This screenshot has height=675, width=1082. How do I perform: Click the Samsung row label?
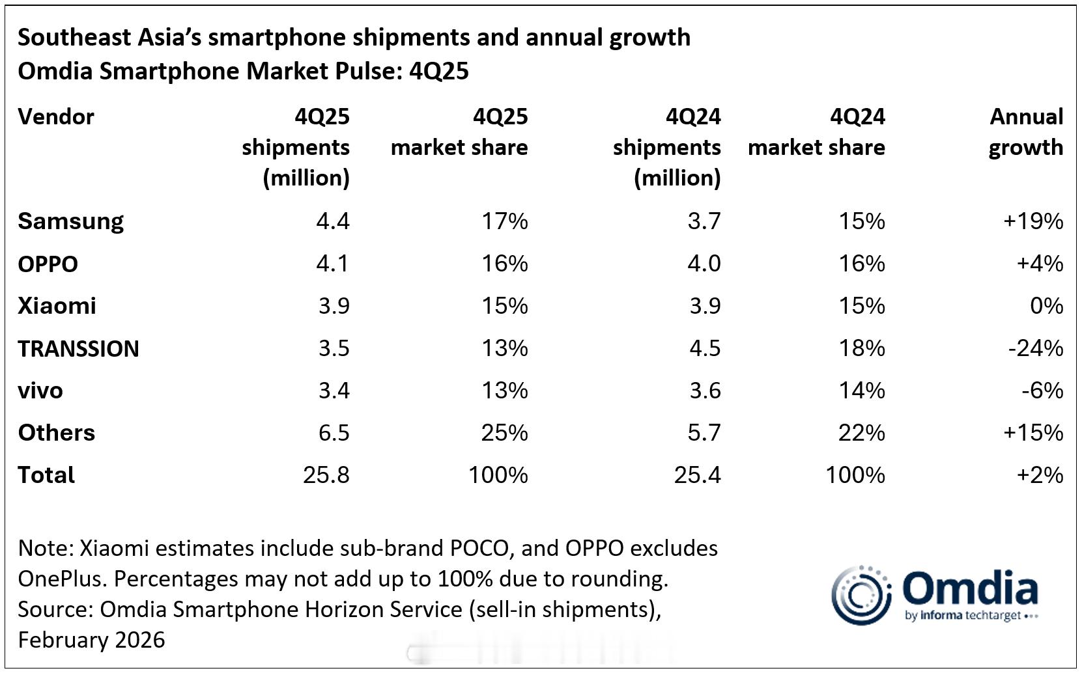point(70,221)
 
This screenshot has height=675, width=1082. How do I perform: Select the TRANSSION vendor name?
point(78,349)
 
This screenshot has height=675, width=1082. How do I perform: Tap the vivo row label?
point(40,391)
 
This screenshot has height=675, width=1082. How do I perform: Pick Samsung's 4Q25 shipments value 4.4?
point(332,221)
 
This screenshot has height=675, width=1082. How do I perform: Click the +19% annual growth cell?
point(1033,221)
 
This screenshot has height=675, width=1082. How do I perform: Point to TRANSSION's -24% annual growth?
point(1035,348)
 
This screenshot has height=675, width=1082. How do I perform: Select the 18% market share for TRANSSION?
point(861,348)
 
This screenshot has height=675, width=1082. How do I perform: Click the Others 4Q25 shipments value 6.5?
point(334,433)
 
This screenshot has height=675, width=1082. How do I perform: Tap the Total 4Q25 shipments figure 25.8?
point(326,475)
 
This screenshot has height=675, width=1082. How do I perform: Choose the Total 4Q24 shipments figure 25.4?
point(697,475)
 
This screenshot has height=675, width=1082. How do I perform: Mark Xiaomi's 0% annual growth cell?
point(1046,306)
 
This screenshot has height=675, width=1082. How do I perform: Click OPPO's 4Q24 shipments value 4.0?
point(704,264)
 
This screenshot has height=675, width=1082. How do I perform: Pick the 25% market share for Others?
point(504,433)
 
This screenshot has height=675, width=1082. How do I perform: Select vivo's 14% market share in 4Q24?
point(861,391)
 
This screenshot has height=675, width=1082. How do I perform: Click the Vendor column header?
point(56,117)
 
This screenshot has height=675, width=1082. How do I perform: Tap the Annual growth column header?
point(1026,132)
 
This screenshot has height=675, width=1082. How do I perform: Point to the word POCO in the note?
point(478,548)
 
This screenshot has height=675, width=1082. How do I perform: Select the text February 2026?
point(91,640)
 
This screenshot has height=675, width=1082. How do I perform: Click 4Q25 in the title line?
point(438,71)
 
